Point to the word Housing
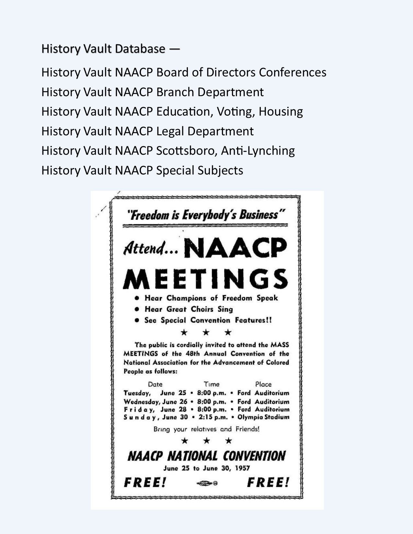[281, 112]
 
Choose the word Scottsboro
[187, 151]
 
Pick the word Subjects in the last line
[221, 171]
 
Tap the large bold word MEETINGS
[205, 279]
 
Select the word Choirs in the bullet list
[202, 309]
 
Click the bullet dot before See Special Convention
[137, 320]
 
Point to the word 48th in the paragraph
[193, 354]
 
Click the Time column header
[212, 384]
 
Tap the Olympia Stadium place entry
[263, 417]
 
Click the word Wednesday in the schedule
[141, 402]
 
